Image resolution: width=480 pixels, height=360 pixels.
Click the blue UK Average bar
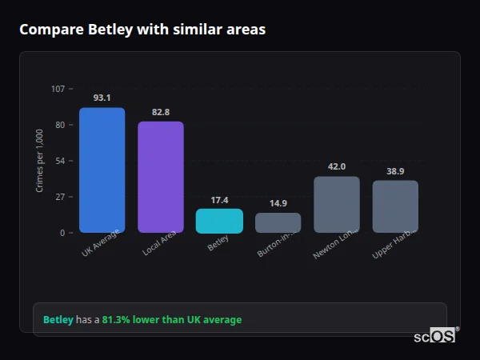point(102,170)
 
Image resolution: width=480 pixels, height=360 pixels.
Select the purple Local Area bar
point(161,177)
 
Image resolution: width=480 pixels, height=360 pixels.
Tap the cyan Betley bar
point(219,221)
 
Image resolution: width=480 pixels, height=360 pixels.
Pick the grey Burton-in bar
point(278,222)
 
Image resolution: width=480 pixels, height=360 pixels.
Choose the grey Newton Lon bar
point(337,204)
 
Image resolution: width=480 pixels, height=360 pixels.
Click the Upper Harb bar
point(395,206)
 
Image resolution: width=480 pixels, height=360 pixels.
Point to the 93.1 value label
point(102,98)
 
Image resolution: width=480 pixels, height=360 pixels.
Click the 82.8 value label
point(161,112)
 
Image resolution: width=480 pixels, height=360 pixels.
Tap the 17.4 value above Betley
point(219,199)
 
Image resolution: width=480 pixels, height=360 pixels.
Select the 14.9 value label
point(278,203)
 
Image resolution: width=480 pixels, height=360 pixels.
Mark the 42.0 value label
point(337,166)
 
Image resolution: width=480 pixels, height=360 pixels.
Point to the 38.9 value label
point(395,171)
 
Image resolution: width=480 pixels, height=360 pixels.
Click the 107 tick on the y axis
point(58,89)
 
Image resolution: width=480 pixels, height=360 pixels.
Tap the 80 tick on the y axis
point(60,125)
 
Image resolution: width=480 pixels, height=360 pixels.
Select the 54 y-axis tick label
point(60,161)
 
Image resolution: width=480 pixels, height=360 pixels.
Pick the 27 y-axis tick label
point(60,197)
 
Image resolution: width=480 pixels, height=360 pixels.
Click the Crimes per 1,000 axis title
point(39,161)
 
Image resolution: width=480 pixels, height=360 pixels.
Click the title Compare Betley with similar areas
point(142,30)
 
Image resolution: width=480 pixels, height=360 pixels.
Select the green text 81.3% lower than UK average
point(171,320)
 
